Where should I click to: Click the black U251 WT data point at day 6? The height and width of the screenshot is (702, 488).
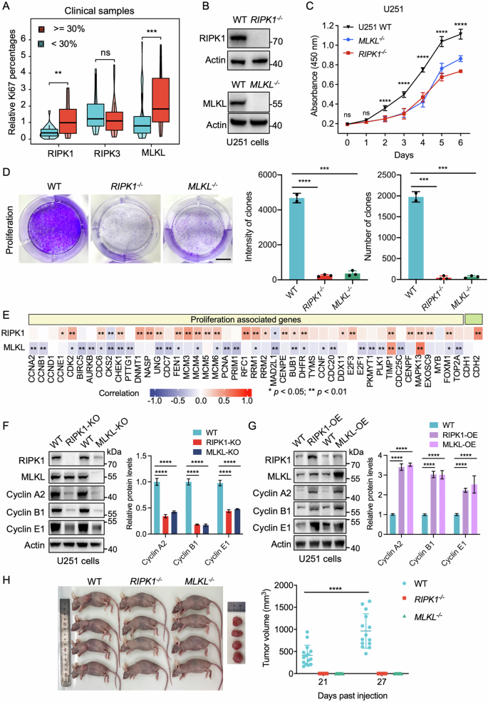click(x=460, y=33)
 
